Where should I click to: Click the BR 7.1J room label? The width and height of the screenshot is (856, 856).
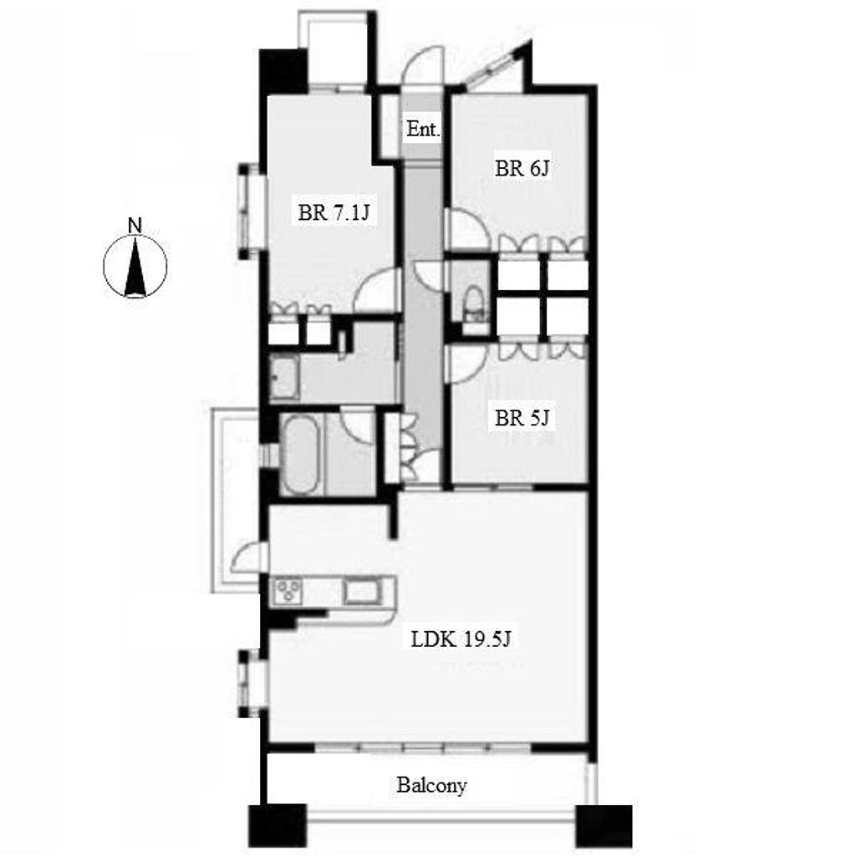(x=334, y=212)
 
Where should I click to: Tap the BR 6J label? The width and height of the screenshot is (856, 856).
(x=522, y=168)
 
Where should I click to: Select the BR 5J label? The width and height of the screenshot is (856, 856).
(x=522, y=418)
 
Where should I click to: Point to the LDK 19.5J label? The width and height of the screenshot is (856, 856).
(x=461, y=638)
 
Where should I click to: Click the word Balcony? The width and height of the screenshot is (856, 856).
(x=431, y=786)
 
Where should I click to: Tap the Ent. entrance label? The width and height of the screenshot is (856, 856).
(x=423, y=130)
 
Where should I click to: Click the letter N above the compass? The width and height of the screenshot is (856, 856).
(x=135, y=225)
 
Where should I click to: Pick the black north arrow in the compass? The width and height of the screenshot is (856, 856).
(x=135, y=267)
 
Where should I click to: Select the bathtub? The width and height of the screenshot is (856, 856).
(x=301, y=455)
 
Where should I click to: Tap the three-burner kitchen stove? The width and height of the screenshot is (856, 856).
(x=288, y=591)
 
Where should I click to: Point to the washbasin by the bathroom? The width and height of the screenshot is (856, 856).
(x=284, y=378)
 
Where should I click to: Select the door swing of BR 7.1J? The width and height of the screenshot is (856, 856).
(x=375, y=291)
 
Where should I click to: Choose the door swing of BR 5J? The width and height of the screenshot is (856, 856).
(x=465, y=364)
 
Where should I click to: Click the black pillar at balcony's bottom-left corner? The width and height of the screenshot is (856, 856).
(x=278, y=828)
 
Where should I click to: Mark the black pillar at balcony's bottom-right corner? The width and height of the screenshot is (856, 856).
(x=604, y=828)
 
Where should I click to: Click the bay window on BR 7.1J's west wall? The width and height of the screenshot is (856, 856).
(x=251, y=211)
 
